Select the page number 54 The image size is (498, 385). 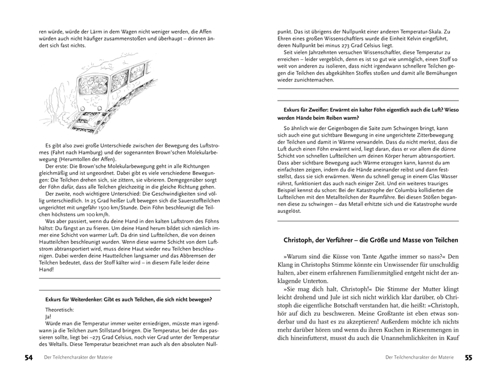29,358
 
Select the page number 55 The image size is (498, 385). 468,358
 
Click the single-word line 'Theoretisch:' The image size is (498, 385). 60,310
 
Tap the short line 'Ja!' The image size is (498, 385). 48,317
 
